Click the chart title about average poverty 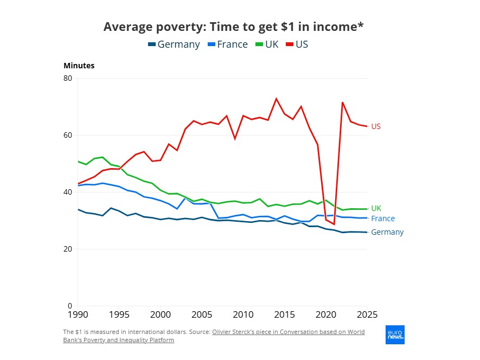point(233,27)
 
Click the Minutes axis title point(79,66)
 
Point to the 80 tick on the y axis point(68,78)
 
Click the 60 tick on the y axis point(68,135)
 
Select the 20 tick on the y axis point(68,249)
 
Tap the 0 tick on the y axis point(70,306)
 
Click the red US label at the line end point(376,127)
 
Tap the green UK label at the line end point(376,208)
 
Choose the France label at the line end point(383,219)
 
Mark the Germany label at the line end point(387,233)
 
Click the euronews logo point(395,335)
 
